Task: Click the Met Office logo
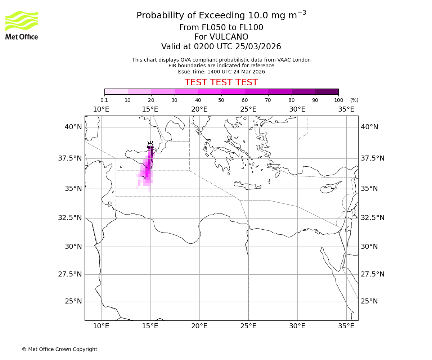pyautogui.click(x=22, y=25)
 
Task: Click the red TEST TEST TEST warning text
pyautogui.click(x=221, y=82)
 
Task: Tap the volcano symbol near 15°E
pyautogui.click(x=150, y=145)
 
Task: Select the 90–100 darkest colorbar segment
pyautogui.click(x=327, y=91)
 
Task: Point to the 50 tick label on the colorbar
pyautogui.click(x=221, y=100)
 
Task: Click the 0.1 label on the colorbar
pyautogui.click(x=104, y=100)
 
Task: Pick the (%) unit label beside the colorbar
pyautogui.click(x=354, y=100)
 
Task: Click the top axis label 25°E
pyautogui.click(x=248, y=109)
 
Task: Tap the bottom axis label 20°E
pyautogui.click(x=199, y=326)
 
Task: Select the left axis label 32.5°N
pyautogui.click(x=70, y=218)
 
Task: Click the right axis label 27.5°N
pyautogui.click(x=373, y=274)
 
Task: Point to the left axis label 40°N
pyautogui.click(x=73, y=127)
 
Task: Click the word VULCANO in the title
pyautogui.click(x=230, y=37)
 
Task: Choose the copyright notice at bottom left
pyautogui.click(x=59, y=349)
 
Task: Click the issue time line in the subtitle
pyautogui.click(x=221, y=72)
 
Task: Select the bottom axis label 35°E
pyautogui.click(x=346, y=326)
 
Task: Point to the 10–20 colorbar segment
pyautogui.click(x=139, y=91)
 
